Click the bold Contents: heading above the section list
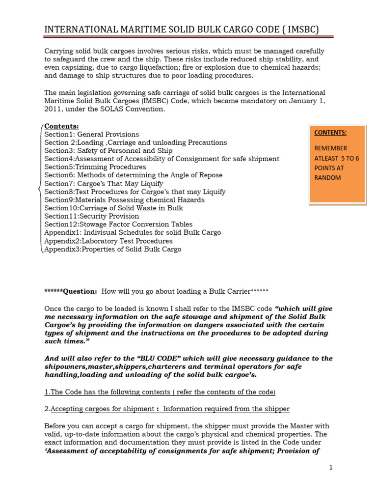coord(61,126)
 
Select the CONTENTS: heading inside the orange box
coord(330,132)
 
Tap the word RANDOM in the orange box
coord(327,177)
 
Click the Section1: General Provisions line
coord(92,134)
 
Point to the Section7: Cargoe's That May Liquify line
coord(104,183)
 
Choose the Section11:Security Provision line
coord(92,216)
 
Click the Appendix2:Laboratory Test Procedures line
coord(108,241)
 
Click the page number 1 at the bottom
coord(331,468)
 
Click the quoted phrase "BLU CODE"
coord(162,358)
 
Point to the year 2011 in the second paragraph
coord(53,109)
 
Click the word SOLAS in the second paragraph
coord(128,109)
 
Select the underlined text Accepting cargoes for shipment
coord(105,409)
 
